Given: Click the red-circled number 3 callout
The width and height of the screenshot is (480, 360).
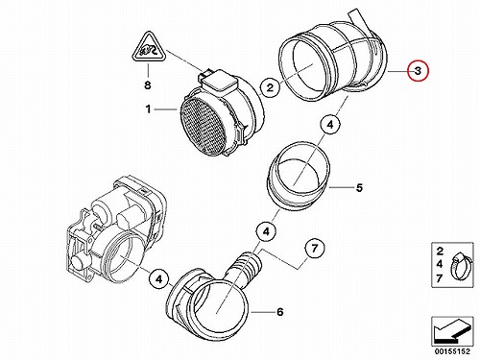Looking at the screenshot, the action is [x=418, y=70].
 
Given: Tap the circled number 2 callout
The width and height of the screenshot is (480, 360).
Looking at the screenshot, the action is [x=271, y=87].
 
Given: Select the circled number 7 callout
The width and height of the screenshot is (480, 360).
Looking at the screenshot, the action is [x=314, y=248].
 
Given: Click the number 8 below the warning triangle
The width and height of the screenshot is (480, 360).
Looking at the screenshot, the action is [x=148, y=85].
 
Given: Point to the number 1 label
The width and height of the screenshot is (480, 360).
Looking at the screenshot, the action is [x=148, y=109].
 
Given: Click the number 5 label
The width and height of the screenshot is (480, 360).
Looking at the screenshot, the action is [x=359, y=188].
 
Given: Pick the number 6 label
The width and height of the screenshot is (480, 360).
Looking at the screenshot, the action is [x=280, y=312].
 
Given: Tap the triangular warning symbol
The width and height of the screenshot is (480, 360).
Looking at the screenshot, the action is [x=148, y=47].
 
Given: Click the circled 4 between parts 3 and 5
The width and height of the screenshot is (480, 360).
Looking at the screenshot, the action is [x=330, y=125].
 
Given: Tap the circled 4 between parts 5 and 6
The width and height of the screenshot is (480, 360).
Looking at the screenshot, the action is [x=266, y=231].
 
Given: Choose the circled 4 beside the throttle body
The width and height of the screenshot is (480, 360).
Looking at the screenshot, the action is [x=159, y=279].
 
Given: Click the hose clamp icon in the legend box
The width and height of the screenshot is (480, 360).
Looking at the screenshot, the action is [x=459, y=266].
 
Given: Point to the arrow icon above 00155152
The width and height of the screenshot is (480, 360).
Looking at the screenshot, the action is [x=452, y=331].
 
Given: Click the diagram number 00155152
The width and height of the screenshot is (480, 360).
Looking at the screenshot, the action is [x=452, y=351].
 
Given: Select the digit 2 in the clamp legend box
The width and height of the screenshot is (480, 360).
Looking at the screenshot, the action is [x=440, y=252].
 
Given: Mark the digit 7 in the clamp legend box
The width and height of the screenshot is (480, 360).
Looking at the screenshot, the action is [x=440, y=278].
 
